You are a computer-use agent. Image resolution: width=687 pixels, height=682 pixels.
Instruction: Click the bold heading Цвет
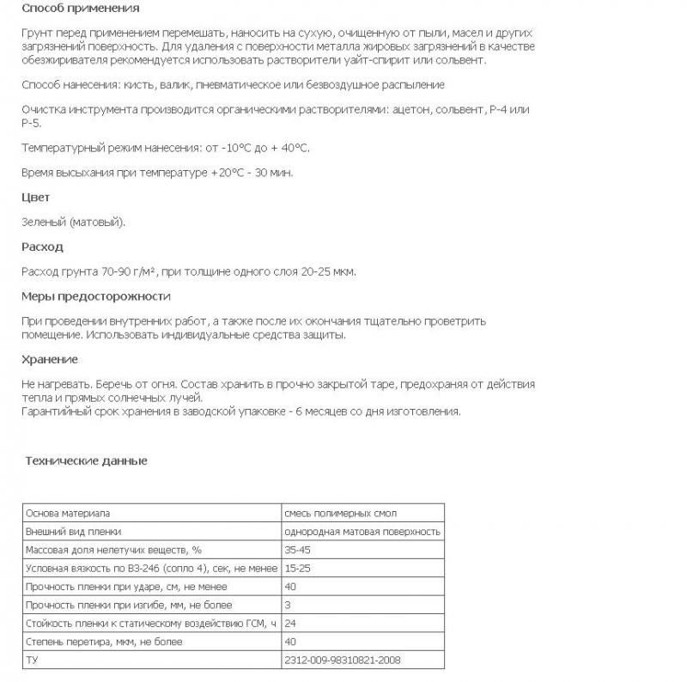tap(35, 198)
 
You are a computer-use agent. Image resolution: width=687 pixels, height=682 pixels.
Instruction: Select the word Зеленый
tap(45, 222)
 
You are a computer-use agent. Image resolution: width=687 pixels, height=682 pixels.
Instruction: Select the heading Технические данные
tap(86, 461)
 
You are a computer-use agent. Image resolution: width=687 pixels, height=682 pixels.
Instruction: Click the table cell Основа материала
tap(68, 513)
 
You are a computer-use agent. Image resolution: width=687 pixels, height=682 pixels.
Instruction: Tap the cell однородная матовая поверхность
tap(362, 532)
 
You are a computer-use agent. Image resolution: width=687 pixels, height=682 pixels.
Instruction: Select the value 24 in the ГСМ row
tap(290, 623)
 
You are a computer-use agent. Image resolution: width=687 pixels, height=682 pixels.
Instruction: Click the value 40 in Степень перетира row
tap(290, 642)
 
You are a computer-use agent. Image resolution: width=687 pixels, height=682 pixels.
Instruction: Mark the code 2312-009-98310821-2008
tap(342, 661)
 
